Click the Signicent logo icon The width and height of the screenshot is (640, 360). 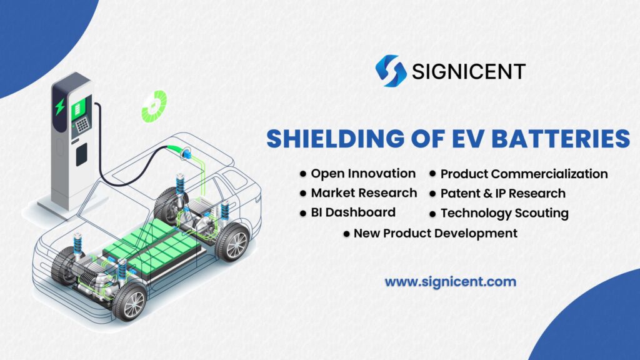(x=391, y=71)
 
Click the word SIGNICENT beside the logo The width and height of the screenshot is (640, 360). (x=468, y=71)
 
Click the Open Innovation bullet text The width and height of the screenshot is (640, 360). (x=363, y=173)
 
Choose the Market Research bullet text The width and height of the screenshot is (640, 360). (x=364, y=192)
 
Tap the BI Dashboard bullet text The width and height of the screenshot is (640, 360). (x=353, y=212)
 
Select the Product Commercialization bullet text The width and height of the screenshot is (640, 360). (x=524, y=174)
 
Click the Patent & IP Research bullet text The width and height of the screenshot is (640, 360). (x=502, y=193)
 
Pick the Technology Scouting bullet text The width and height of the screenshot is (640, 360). (x=504, y=213)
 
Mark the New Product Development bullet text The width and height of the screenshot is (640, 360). (x=435, y=233)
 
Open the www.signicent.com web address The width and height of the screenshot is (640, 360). (x=450, y=282)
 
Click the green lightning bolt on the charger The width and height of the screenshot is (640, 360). (x=60, y=107)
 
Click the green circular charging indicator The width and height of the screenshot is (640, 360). (x=154, y=106)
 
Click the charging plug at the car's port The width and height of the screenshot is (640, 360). (x=186, y=152)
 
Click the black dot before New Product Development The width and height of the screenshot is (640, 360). (x=346, y=234)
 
